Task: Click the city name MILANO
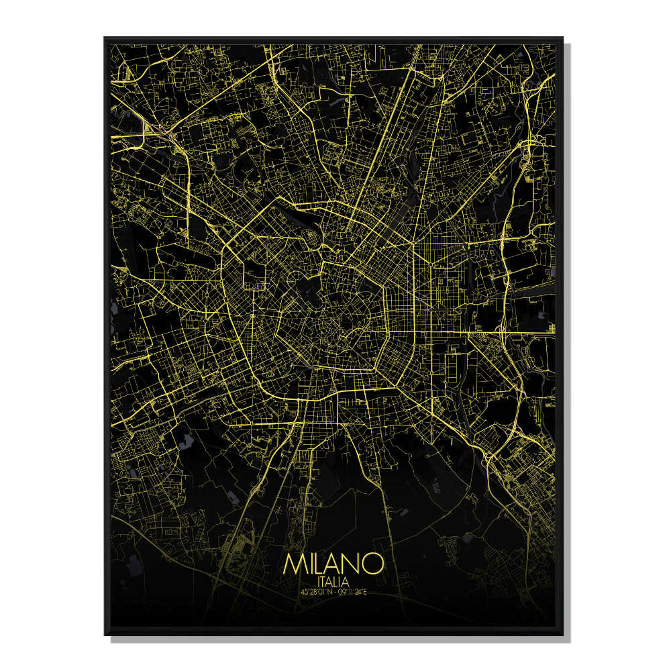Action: (333, 563)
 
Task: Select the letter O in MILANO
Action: (373, 563)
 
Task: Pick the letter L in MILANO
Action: (319, 563)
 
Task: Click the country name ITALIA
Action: (333, 580)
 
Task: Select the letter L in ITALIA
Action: (338, 580)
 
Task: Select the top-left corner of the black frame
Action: (105, 38)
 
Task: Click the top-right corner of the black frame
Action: (562, 38)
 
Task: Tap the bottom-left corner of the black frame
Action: (105, 635)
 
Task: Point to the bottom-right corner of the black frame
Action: (562, 635)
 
